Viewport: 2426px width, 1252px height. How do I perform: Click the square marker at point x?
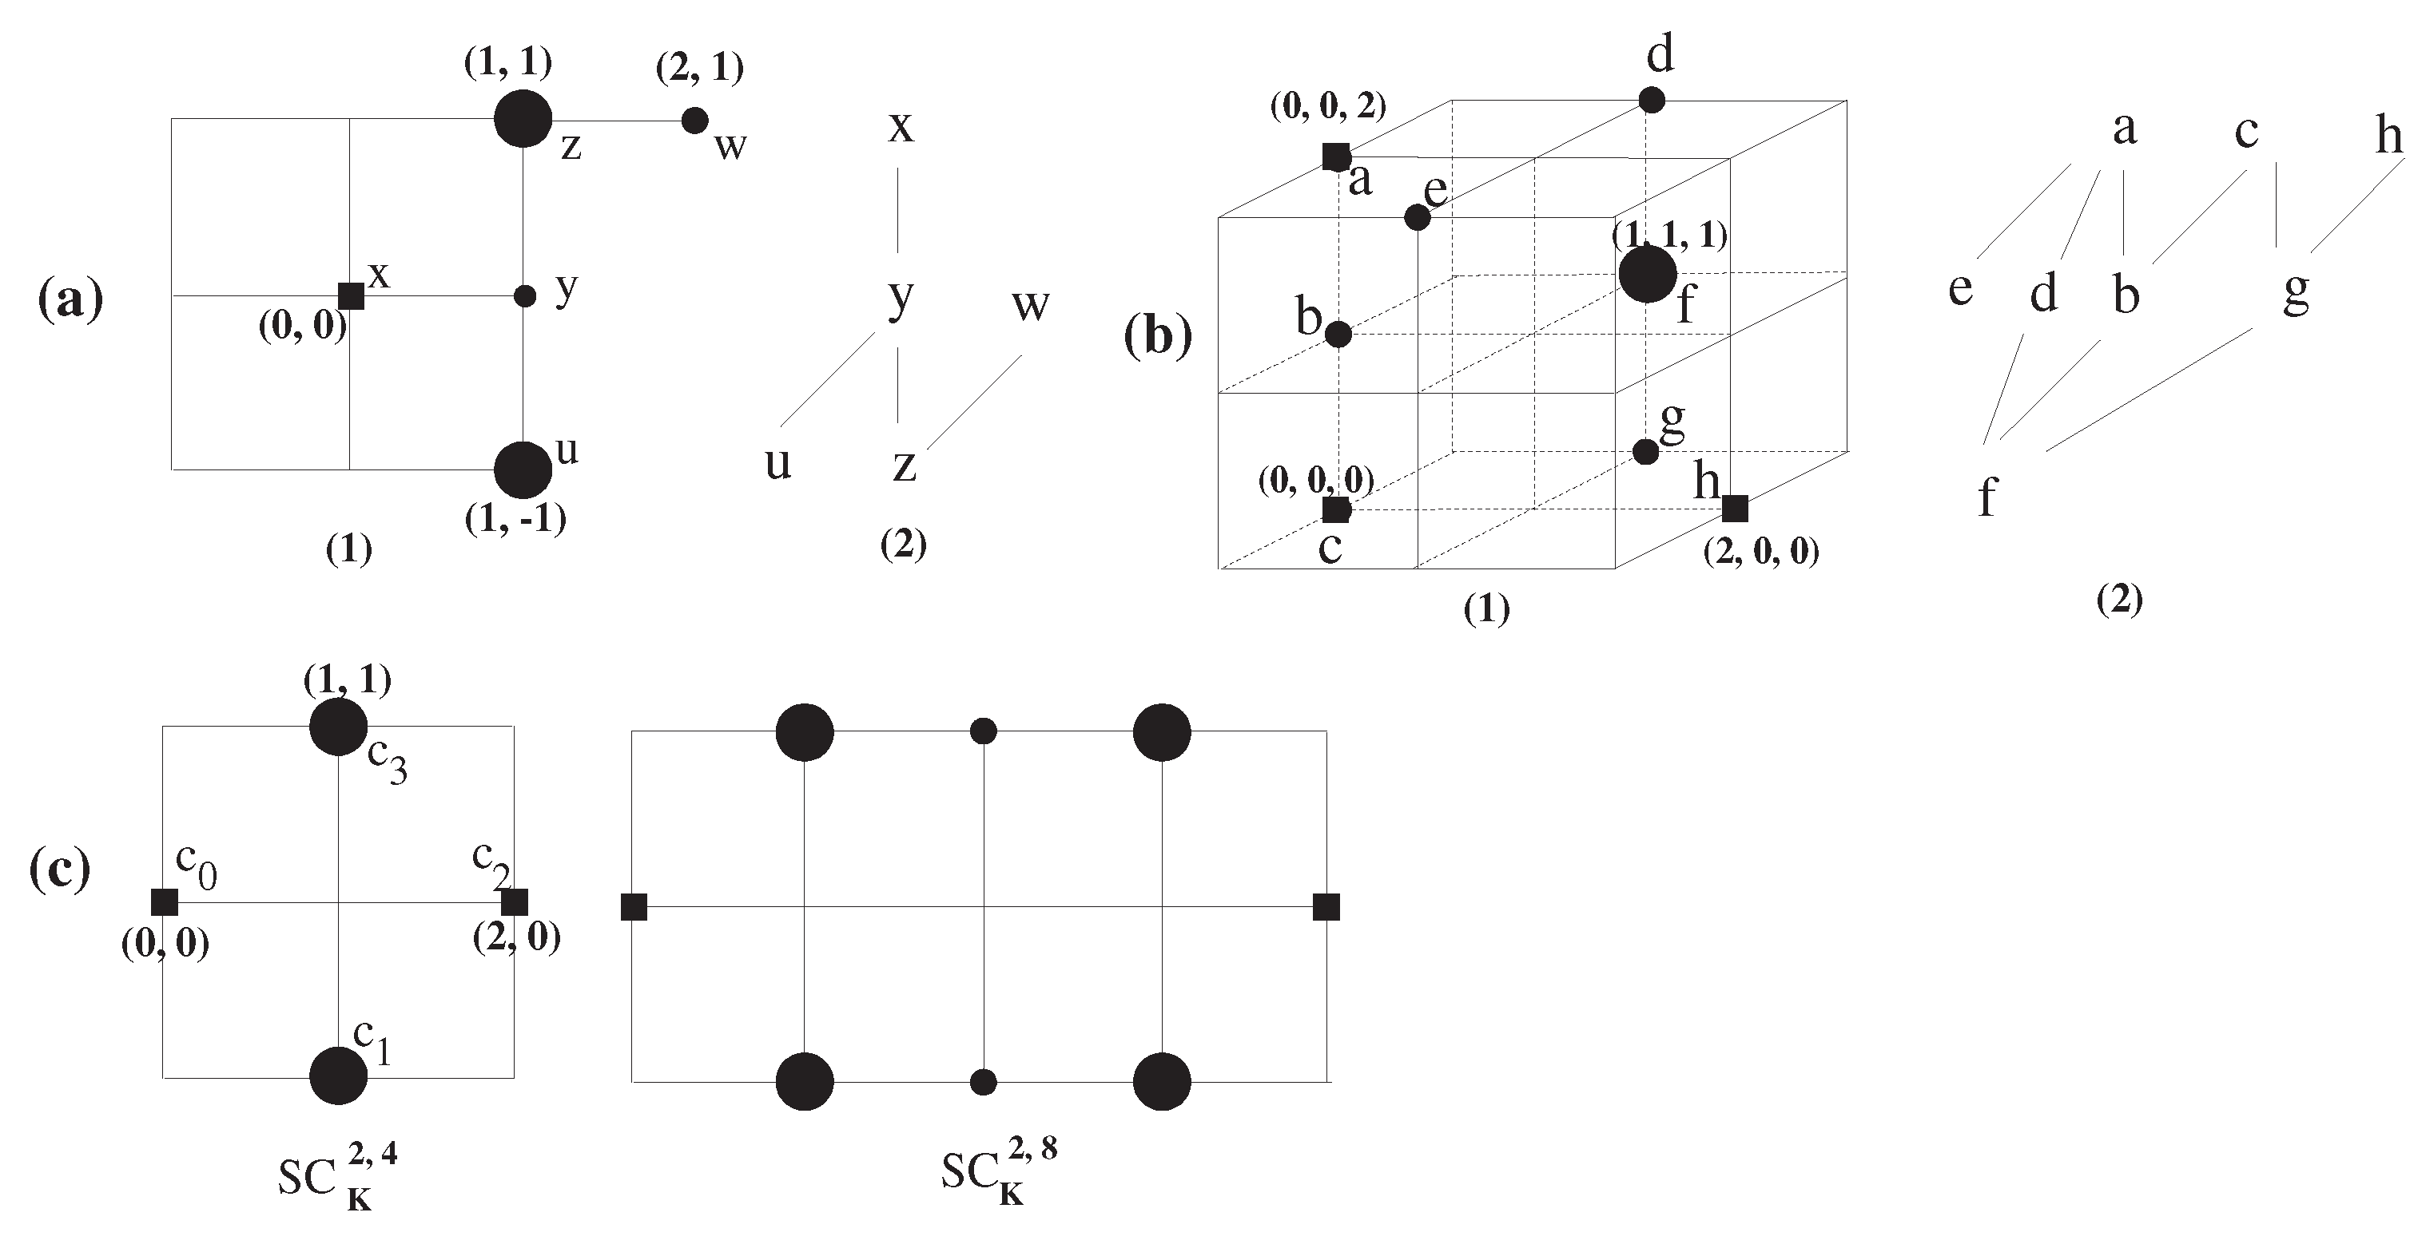pos(350,295)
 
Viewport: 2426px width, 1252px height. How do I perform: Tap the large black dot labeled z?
pos(523,119)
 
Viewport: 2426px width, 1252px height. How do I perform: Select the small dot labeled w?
pos(694,120)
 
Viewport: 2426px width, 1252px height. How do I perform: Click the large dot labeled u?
pos(523,469)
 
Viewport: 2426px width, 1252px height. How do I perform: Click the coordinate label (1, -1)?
pos(515,519)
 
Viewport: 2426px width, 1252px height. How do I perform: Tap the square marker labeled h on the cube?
pos(1734,509)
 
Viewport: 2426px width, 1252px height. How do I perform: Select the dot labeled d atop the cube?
pos(1651,100)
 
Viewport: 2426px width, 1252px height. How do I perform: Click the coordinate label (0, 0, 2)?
pos(1328,107)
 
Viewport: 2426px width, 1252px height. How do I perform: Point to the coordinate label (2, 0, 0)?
pos(1761,552)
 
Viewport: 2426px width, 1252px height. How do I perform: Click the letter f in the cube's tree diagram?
pos(1987,496)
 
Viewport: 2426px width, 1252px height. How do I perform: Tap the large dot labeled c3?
pos(338,727)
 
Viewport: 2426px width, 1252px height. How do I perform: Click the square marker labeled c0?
pos(165,901)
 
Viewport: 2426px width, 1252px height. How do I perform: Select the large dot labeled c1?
pos(338,1075)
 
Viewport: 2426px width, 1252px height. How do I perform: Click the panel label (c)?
pos(60,870)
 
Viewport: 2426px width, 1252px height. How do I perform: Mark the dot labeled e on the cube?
pos(1417,217)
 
